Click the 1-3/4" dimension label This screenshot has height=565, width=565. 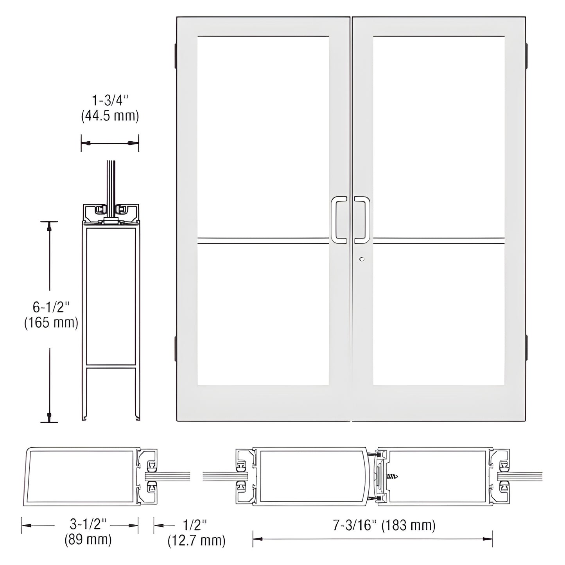[x=110, y=101]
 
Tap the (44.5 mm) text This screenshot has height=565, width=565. [x=110, y=116]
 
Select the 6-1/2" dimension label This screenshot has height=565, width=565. [x=51, y=307]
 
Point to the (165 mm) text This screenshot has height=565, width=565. [x=51, y=323]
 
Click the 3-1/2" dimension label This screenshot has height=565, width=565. [x=88, y=524]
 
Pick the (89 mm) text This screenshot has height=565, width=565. [x=88, y=540]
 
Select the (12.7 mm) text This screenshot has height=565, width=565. [x=196, y=541]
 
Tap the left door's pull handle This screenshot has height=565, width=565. [x=339, y=219]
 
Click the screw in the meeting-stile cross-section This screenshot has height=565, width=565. [x=392, y=477]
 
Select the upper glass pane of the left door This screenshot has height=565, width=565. [x=263, y=137]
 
